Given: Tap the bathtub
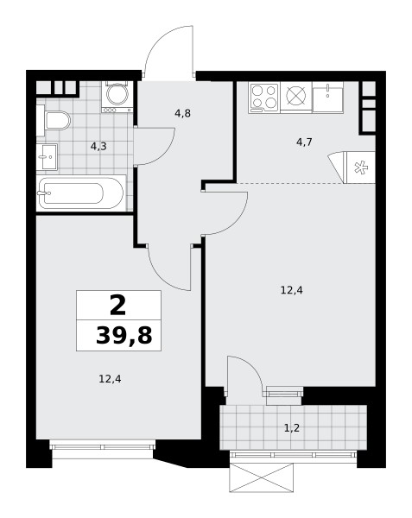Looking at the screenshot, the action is (x=81, y=193).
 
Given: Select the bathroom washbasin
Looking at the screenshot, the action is (x=47, y=157).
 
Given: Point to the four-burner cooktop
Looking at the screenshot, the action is (x=264, y=98).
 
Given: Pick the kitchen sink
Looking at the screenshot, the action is (x=327, y=97).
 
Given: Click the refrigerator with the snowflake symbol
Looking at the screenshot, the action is (x=359, y=167).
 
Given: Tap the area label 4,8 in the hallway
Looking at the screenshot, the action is (x=183, y=113).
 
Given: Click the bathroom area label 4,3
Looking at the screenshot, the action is (x=98, y=147).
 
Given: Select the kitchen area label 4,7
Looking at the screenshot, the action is (x=304, y=142).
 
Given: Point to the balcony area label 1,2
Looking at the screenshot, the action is (x=292, y=428).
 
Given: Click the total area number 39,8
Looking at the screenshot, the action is (x=124, y=336).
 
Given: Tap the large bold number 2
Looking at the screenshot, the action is (x=118, y=306).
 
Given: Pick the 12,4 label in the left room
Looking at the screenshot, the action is (x=110, y=379).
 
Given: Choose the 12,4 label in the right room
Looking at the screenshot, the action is (x=292, y=290).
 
